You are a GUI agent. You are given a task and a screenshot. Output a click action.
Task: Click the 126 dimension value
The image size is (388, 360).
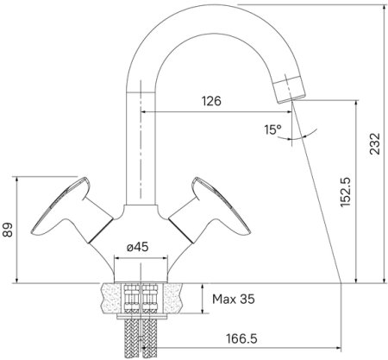pos(210,101)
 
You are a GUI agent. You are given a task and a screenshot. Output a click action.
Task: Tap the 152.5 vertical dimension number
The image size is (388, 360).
pos(343,192)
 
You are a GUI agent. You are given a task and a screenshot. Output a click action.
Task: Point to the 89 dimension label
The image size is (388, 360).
pos(9,231)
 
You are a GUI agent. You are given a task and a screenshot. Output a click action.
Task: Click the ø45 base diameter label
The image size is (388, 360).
pos(138,247)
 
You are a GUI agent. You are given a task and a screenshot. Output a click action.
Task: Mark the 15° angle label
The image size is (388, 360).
pos(272,129)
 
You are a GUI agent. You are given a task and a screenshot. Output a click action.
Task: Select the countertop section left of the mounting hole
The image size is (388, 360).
pos(109,299)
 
